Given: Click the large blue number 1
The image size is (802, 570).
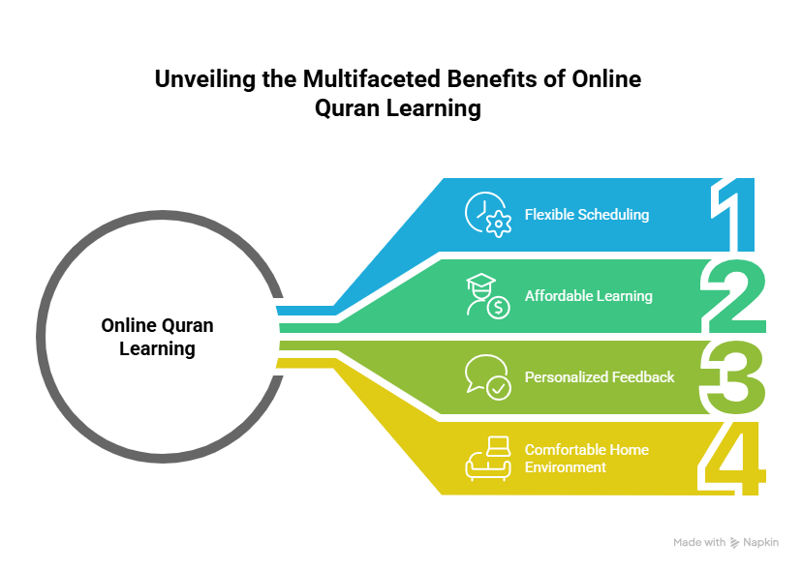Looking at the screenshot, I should (x=737, y=215).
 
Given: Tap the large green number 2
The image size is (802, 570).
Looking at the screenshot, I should (x=736, y=296).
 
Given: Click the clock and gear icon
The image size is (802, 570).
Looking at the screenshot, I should (x=487, y=215).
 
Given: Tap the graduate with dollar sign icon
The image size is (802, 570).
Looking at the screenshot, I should (x=486, y=296).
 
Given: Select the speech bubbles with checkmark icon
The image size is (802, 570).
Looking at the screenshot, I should (x=486, y=376).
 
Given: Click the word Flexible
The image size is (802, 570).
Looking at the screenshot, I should (x=549, y=215).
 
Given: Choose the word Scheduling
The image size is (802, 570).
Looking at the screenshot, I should (x=613, y=215).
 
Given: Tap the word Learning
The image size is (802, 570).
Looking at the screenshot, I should (x=624, y=296).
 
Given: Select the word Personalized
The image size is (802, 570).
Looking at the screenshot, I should (x=565, y=376).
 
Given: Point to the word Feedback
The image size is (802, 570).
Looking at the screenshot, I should (x=641, y=376).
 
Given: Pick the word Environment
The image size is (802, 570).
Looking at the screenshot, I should (x=566, y=467).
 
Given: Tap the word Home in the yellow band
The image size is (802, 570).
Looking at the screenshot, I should (x=629, y=450).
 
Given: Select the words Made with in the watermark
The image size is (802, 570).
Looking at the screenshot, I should (x=698, y=543).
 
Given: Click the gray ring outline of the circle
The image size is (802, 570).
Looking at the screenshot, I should (x=40, y=336).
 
